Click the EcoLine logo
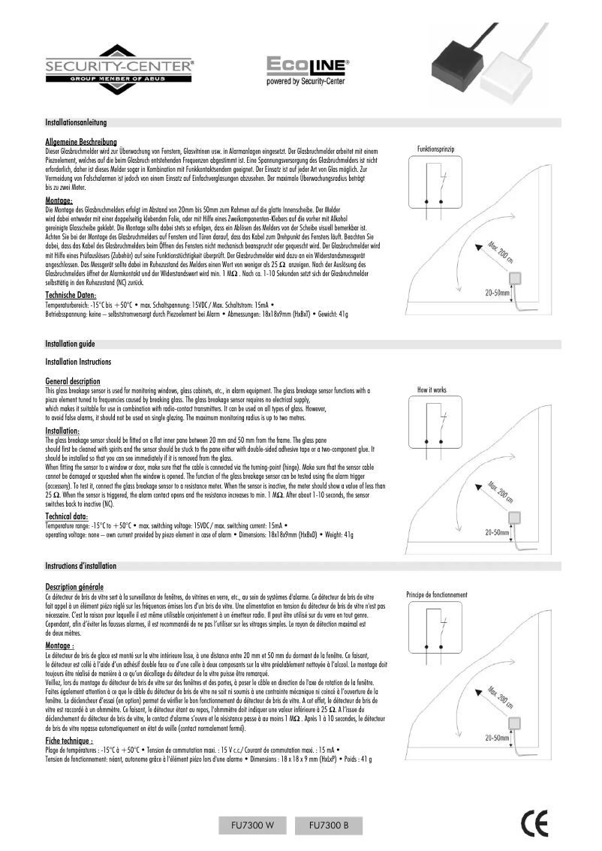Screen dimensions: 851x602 [306, 69]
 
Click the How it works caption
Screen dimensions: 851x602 [432, 390]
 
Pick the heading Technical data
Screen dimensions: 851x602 [68, 517]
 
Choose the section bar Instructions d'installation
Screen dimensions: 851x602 [80, 564]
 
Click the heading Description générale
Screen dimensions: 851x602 [74, 586]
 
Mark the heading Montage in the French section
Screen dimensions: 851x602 [60, 645]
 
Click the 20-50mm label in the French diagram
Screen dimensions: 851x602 [496, 738]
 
